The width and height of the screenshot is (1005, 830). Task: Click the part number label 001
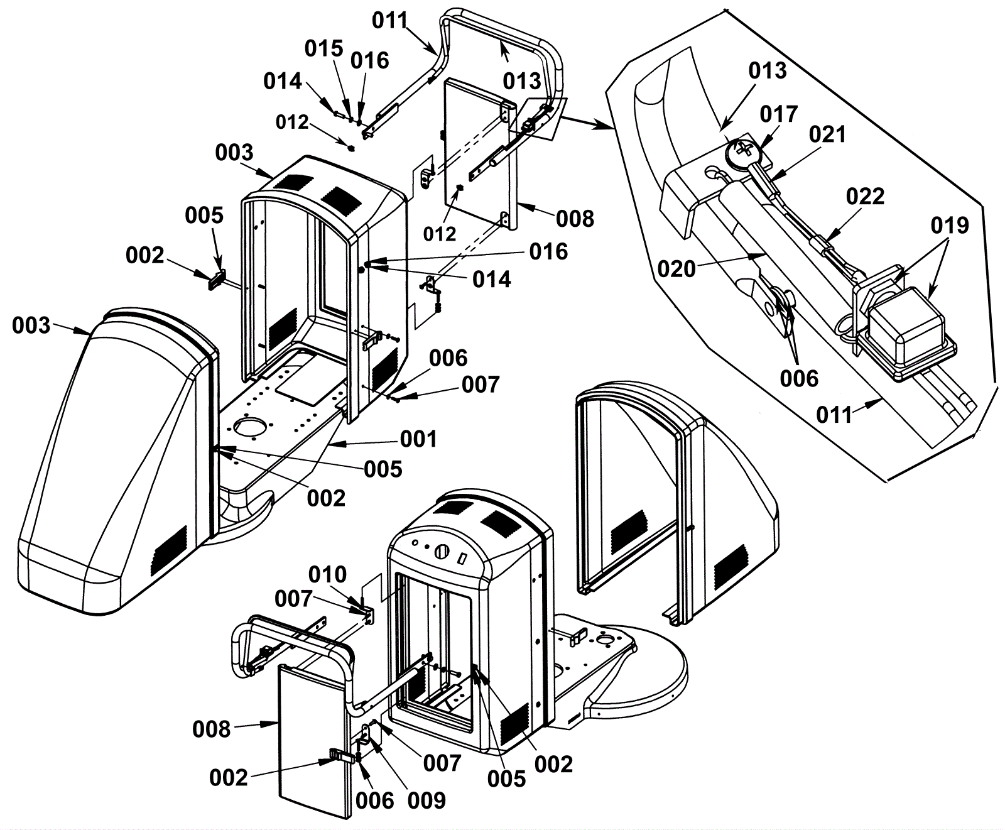coord(418,439)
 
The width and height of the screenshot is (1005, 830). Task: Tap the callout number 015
coord(324,48)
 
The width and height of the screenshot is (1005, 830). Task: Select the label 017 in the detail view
coord(779,114)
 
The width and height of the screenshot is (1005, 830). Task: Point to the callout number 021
coord(827,134)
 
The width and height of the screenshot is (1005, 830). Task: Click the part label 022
coord(865,197)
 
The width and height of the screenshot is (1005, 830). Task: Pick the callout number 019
coord(950,225)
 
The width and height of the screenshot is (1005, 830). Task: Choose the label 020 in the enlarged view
coord(677,269)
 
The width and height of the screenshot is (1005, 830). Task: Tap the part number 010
coord(327,574)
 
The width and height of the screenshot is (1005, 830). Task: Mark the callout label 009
coord(426,800)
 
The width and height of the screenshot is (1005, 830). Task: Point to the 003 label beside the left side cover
coord(31,325)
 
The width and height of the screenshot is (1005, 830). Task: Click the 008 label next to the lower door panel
coord(212,729)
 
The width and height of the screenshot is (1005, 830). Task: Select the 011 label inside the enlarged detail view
coord(835,415)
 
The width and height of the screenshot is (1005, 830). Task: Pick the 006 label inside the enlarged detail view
coord(799,378)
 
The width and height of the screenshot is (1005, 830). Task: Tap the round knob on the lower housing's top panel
coord(442,552)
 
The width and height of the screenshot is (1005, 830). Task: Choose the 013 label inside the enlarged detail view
coord(768,71)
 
